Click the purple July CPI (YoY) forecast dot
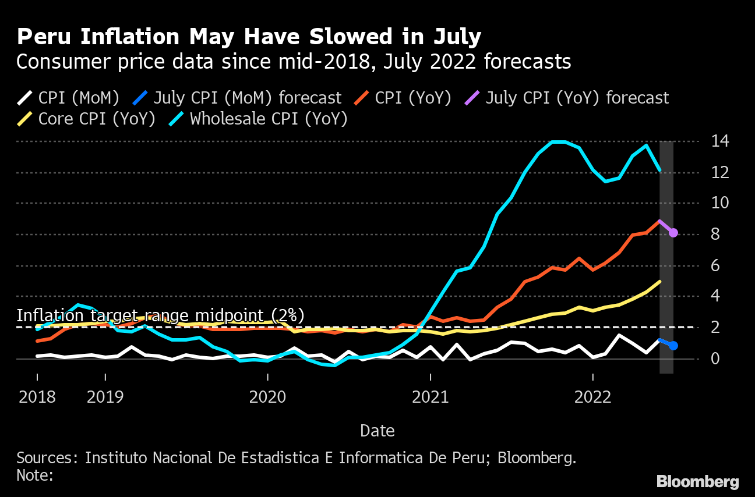click(673, 233)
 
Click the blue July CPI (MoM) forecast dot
click(673, 346)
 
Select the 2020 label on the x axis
click(267, 397)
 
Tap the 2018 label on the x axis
click(37, 397)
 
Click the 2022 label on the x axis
click(594, 397)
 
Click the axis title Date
click(377, 431)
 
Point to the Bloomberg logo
click(697, 482)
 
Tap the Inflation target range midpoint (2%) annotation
click(160, 315)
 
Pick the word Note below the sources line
click(33, 475)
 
